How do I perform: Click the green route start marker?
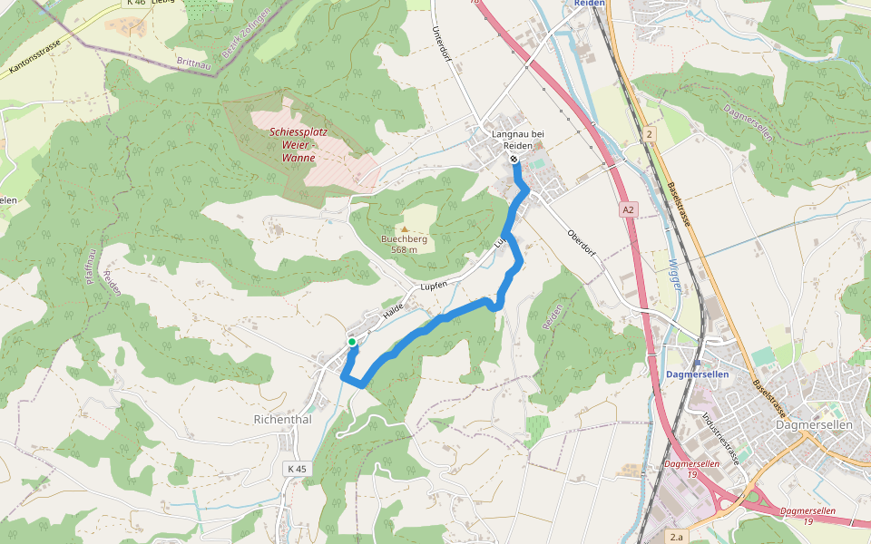(x=352, y=342)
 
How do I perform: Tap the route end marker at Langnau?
(x=514, y=160)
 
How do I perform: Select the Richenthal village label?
(x=283, y=420)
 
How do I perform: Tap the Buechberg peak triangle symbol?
(x=405, y=229)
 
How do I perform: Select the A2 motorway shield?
(x=629, y=209)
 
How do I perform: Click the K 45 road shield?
(x=297, y=469)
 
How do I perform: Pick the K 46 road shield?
(x=136, y=3)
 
